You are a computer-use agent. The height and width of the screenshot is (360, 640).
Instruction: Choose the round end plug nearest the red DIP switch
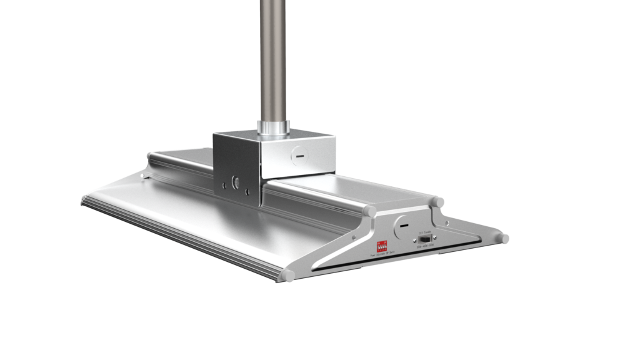click(x=372, y=212)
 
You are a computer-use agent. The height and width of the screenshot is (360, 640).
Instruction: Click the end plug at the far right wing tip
click(x=504, y=238)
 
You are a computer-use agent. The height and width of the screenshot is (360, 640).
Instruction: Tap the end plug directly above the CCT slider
click(x=437, y=202)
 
